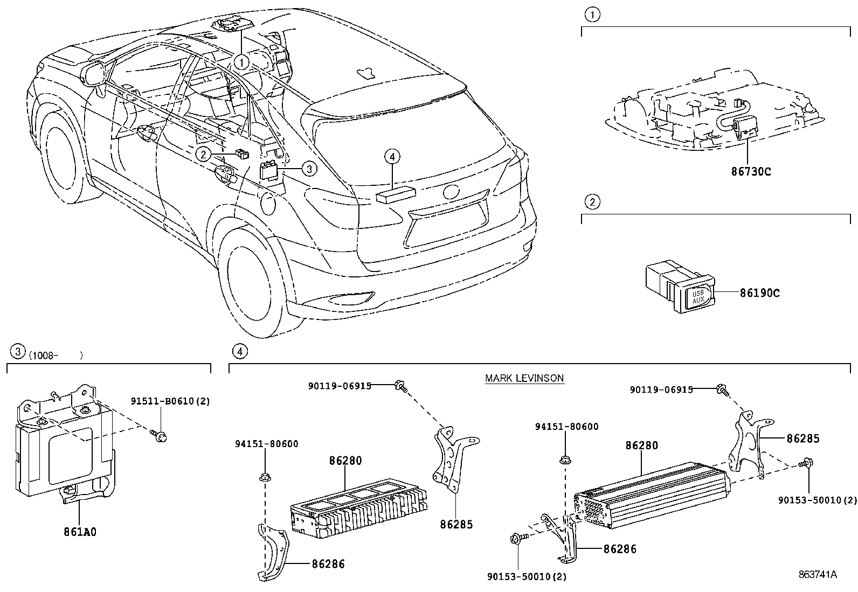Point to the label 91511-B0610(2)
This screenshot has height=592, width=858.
[x=170, y=401]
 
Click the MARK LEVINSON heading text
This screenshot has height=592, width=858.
[x=524, y=378]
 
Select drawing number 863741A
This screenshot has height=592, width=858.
[x=817, y=575]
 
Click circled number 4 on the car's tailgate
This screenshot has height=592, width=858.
[x=392, y=157]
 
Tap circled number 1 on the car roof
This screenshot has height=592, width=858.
[x=241, y=62]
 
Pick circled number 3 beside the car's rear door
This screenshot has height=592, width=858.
[x=308, y=169]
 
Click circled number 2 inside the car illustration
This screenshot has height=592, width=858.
[x=203, y=155]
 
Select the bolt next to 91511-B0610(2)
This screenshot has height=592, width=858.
[x=160, y=435]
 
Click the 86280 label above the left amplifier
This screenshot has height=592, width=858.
[x=345, y=461]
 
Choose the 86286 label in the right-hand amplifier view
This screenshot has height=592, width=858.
[x=620, y=549]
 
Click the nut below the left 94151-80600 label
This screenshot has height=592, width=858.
[x=265, y=477]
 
